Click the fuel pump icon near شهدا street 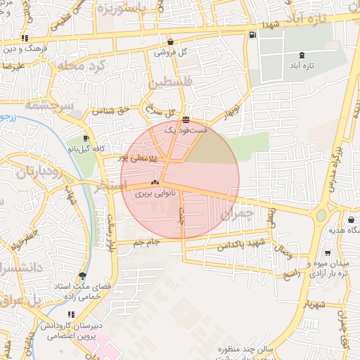pyautogui.click(x=252, y=34)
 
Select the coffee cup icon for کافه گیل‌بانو pyautogui.click(x=86, y=139)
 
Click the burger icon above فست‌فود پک pyautogui.click(x=186, y=120)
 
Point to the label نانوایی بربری pyautogui.click(x=154, y=191)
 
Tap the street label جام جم pyautogui.click(x=149, y=242)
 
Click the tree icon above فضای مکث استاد pyautogui.click(x=83, y=276)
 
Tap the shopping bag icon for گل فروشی pyautogui.click(x=172, y=41)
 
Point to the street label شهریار pyautogui.click(x=314, y=305)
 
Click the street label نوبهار pyautogui.click(x=231, y=112)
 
